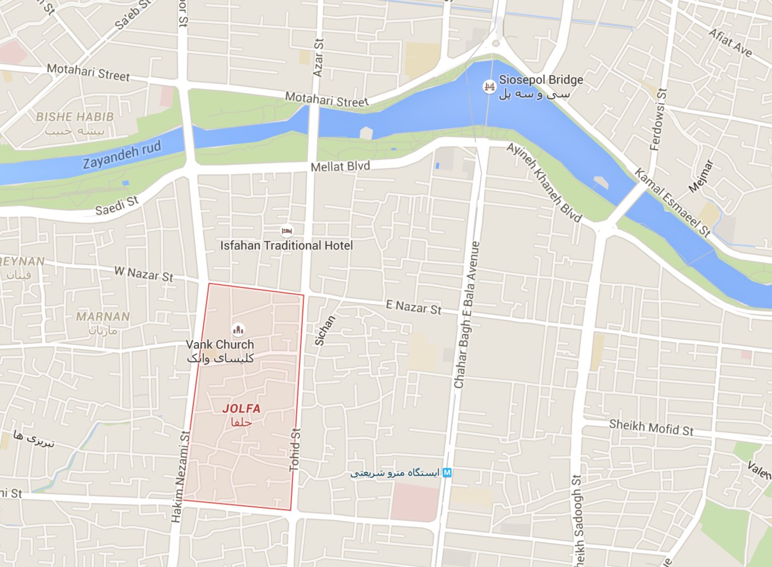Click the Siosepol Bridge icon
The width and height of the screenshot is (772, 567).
[x=489, y=86]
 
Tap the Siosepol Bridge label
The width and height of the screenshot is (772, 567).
[x=541, y=80]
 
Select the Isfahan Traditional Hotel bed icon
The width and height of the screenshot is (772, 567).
[x=286, y=231]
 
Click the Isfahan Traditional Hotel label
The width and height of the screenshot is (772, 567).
[x=286, y=246]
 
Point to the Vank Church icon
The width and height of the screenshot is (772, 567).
[x=238, y=329]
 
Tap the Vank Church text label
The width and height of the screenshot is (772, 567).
[x=220, y=345]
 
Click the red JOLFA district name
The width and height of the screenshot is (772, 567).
[x=241, y=408]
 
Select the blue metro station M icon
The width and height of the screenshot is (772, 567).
[x=447, y=472]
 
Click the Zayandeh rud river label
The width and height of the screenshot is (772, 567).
[x=122, y=155]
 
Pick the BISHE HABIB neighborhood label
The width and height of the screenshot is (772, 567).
[x=75, y=117]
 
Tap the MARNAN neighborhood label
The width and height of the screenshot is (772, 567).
[x=103, y=316]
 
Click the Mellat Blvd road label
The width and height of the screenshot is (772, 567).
[x=340, y=166]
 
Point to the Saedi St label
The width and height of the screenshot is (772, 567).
[x=117, y=206]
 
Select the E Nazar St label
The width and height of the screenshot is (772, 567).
[x=413, y=307]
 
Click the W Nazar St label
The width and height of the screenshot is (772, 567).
[x=143, y=274]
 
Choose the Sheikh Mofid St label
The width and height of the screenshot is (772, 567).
[x=651, y=427]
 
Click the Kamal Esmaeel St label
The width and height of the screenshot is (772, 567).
[x=672, y=202]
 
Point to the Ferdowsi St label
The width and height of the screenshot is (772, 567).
[x=658, y=119]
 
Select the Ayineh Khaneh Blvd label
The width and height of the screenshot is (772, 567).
[x=544, y=182]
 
